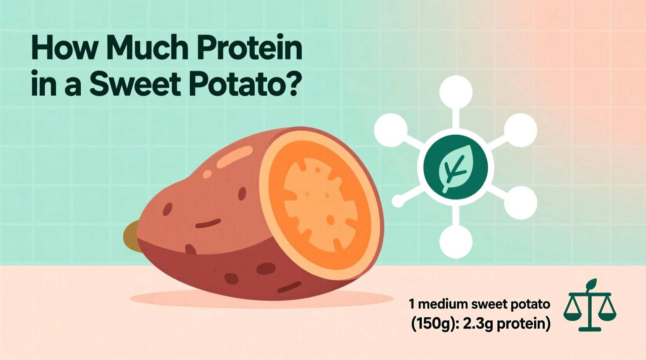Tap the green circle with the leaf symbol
pyautogui.click(x=455, y=167)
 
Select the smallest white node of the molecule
pyautogui.click(x=398, y=201)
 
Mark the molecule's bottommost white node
pyautogui.click(x=456, y=241)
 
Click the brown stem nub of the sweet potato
pyautogui.click(x=131, y=236)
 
